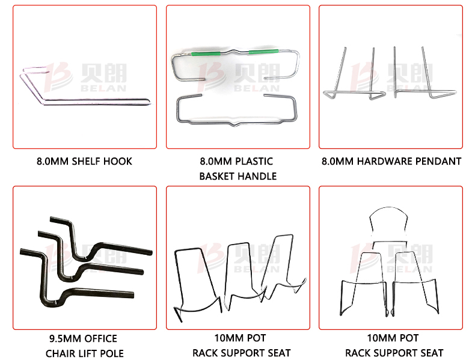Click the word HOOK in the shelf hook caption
point(117,161)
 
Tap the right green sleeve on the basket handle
point(263,52)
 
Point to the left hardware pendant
point(354,92)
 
